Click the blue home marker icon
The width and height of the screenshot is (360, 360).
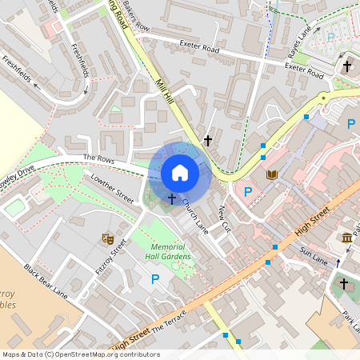point(179,172)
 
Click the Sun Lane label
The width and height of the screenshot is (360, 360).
point(314,253)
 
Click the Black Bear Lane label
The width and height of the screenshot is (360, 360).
point(45,279)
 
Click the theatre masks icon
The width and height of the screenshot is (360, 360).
point(107,238)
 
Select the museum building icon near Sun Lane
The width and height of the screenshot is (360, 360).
point(346,238)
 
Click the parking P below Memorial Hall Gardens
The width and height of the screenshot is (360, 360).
point(155,278)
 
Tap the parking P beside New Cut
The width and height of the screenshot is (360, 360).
point(247,191)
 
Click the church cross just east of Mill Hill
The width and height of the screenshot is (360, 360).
point(208,140)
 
